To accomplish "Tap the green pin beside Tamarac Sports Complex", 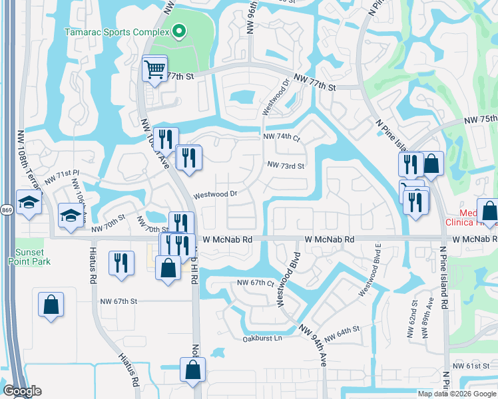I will (x=178, y=31).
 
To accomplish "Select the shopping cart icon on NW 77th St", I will (x=154, y=68).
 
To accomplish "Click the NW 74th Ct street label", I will (x=282, y=136).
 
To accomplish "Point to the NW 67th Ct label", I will (x=256, y=283).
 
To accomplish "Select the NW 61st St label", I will (x=471, y=366).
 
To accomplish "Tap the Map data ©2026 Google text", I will (x=457, y=394).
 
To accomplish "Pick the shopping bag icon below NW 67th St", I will (x=51, y=305).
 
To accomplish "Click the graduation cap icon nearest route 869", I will (x=29, y=202).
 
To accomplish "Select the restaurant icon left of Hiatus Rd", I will (x=120, y=261).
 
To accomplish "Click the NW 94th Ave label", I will (x=314, y=343).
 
